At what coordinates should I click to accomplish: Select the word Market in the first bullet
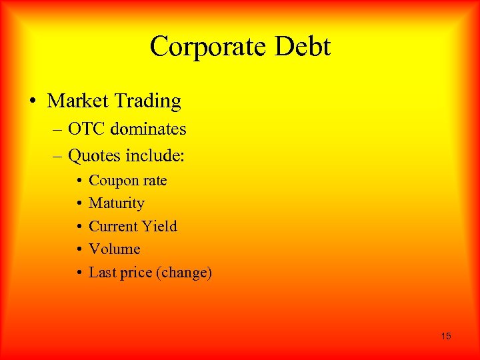(79, 101)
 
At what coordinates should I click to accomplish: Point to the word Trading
(148, 101)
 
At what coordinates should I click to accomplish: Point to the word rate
(154, 181)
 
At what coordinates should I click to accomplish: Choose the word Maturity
(117, 203)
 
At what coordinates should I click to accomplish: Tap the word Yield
(159, 226)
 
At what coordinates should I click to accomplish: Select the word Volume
(115, 249)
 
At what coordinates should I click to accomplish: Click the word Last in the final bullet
(101, 272)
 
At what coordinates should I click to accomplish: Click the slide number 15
(445, 336)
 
